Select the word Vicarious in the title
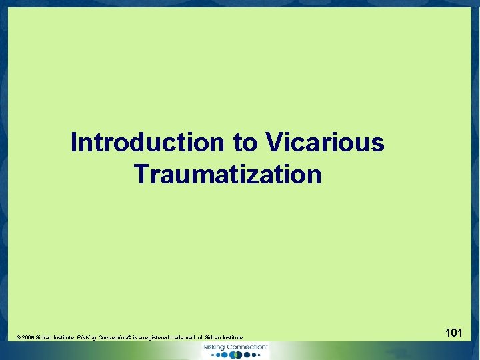point(325,142)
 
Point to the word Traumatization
point(227,174)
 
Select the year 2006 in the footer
point(27,338)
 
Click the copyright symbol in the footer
point(18,338)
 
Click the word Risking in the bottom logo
point(214,347)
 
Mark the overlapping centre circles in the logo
point(235,355)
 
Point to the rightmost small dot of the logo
point(259,355)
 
